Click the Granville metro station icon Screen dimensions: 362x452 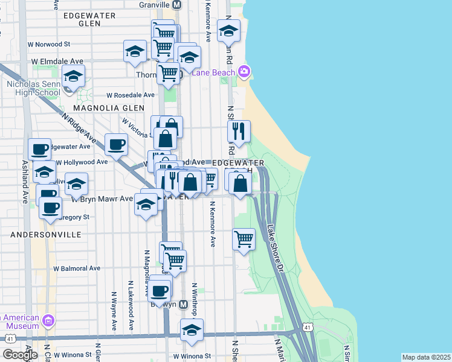tap(176, 4)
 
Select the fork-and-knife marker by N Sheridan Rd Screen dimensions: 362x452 tap(239, 131)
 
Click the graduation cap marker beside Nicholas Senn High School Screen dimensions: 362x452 tap(73, 77)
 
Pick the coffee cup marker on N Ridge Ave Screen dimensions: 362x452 tap(116, 144)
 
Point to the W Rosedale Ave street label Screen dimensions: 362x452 tap(131, 95)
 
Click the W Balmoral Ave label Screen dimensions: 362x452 tap(77, 268)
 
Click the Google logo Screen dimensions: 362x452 tap(19, 355)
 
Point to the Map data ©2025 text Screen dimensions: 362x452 tap(426, 357)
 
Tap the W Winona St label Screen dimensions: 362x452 tap(191, 356)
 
